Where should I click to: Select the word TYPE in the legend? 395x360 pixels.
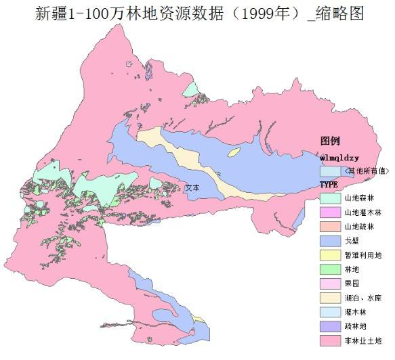(329, 184)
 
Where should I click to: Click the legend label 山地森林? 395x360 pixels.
(358, 198)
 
